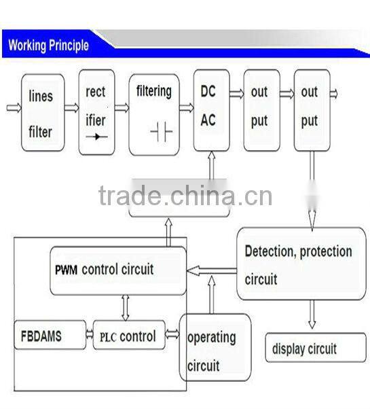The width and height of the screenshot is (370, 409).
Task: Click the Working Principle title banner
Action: coord(49,46)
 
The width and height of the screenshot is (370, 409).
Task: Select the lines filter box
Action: coord(43,112)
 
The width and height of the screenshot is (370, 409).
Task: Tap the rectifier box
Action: coord(96,110)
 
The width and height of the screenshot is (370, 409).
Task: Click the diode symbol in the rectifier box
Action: coord(96,137)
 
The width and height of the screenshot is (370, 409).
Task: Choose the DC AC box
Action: coord(210,110)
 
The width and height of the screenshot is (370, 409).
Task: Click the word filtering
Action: coord(154,91)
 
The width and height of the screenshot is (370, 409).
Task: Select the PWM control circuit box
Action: coord(117,270)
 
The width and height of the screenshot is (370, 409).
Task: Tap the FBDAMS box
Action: coord(50,336)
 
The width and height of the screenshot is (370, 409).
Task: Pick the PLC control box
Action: coord(129,336)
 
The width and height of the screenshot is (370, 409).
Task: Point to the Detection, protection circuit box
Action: coord(301,264)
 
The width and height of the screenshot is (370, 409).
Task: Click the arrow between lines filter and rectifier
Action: coord(71,107)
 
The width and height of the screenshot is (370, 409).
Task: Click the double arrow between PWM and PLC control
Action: coord(124,308)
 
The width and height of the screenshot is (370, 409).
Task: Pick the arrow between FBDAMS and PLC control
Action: coord(90,334)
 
